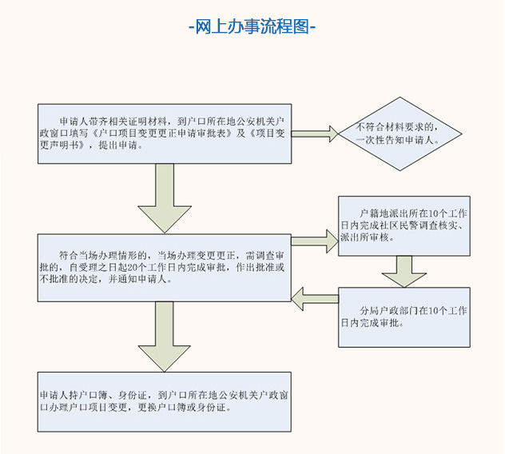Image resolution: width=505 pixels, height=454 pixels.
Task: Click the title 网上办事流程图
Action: pyautogui.click(x=252, y=26)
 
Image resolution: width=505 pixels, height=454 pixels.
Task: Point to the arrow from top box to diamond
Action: pyautogui.click(x=317, y=133)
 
